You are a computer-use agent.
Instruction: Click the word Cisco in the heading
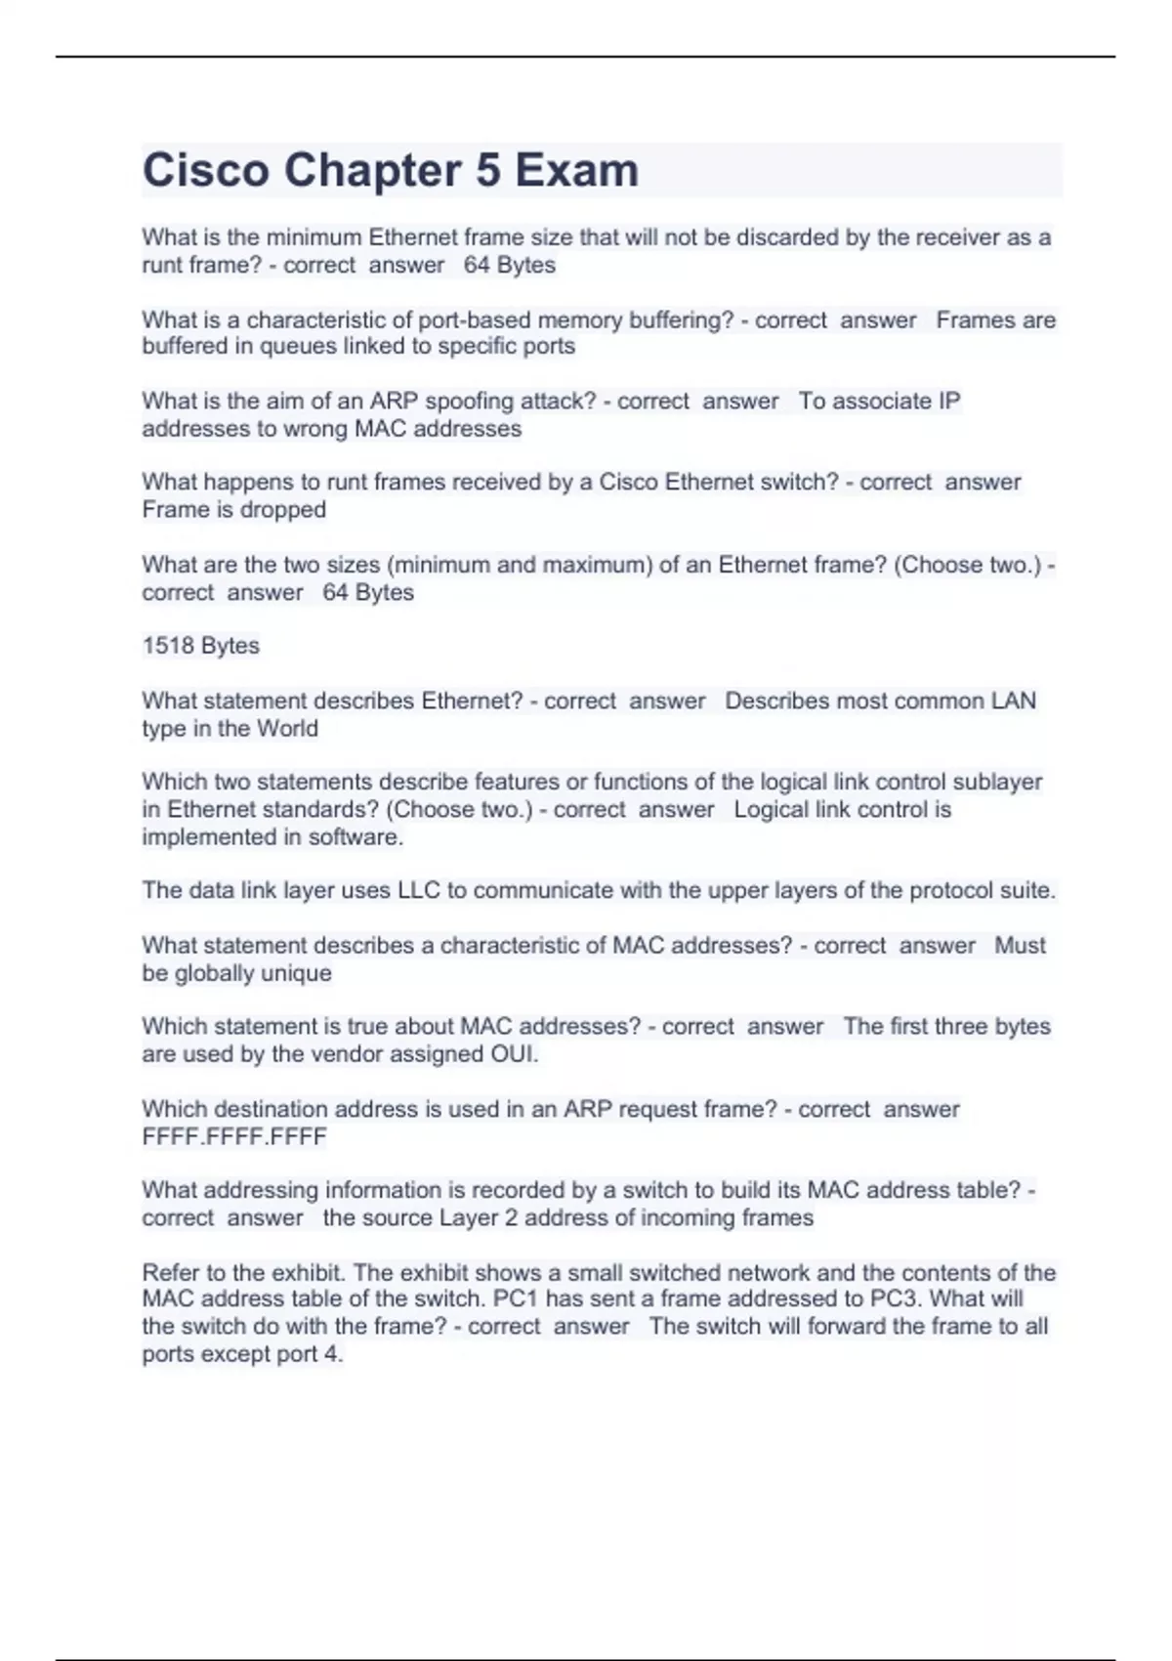206,170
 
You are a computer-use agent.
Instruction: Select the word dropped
283,510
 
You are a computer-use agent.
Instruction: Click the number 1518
168,646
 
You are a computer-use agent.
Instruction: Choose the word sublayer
996,783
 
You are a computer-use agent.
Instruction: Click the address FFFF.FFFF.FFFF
234,1137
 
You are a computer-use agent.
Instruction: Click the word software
356,837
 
